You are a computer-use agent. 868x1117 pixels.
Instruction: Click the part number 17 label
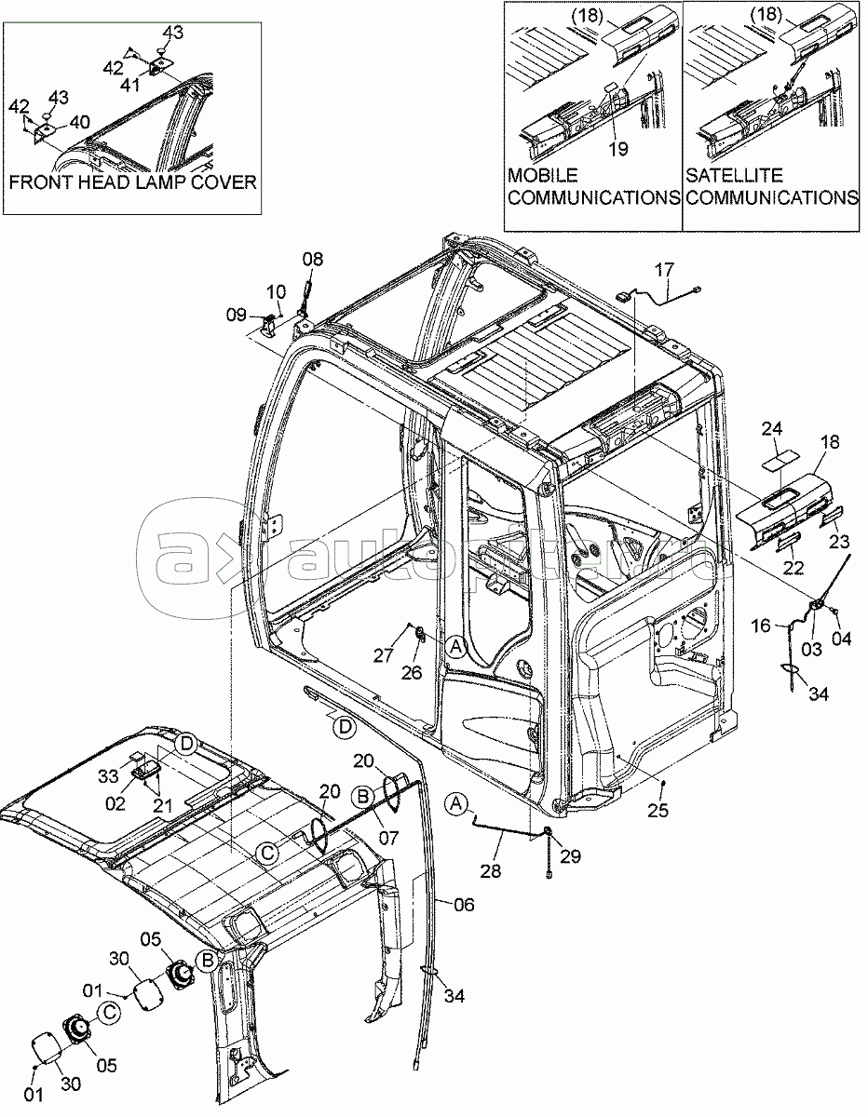pos(663,271)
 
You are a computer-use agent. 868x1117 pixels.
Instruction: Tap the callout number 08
pos(313,260)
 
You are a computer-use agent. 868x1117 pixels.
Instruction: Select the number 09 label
pos(237,315)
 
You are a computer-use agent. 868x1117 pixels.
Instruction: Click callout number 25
pos(658,810)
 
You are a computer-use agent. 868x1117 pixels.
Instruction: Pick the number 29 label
pos(571,855)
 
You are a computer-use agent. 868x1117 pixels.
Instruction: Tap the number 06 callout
pos(462,904)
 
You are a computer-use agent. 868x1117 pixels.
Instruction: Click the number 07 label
pos(388,838)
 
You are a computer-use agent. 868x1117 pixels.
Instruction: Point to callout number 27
pos(384,655)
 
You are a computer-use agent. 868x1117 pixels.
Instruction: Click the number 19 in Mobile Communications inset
pos(618,148)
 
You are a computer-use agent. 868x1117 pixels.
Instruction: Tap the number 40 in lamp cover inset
pos(80,122)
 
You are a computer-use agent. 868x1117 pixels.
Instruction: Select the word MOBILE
pos(543,175)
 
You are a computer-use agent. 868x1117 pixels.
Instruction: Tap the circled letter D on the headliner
pos(187,743)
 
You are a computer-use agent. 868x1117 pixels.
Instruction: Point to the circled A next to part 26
pos(454,645)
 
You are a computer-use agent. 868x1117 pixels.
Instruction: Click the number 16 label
pos(762,626)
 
